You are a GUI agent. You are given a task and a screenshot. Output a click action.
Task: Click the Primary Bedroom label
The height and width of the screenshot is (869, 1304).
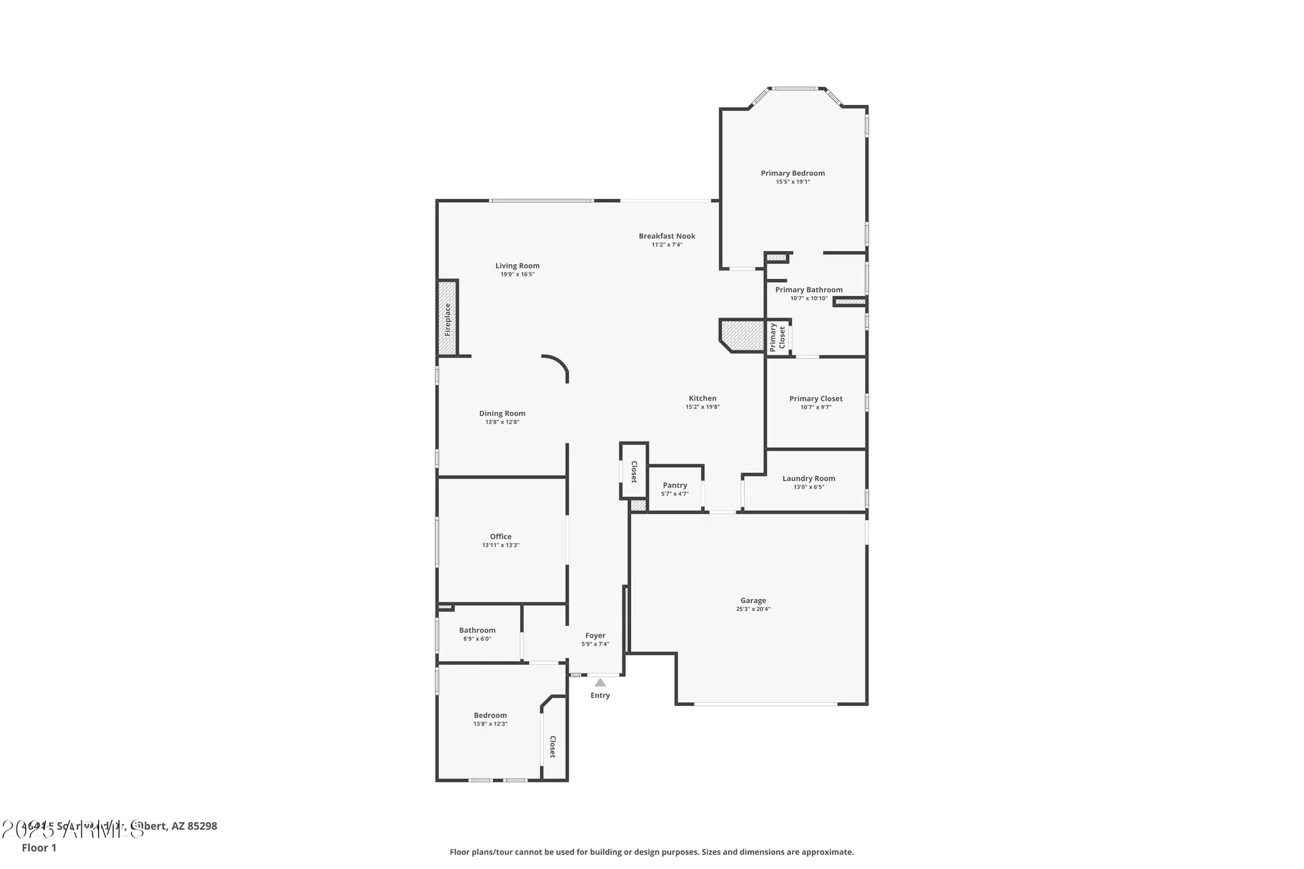pos(792,173)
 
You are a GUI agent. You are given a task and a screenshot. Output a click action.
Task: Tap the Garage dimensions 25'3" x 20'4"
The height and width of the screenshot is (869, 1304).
pos(753,610)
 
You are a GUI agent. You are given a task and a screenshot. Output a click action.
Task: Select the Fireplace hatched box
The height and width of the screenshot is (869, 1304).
pos(447,318)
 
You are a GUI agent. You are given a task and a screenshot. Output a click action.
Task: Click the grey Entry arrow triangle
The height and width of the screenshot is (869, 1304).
pos(600,683)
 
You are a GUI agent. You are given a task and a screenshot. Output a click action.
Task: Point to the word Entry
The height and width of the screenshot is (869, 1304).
pos(600,696)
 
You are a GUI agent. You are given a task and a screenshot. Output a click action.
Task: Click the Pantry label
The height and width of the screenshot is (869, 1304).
pos(675,485)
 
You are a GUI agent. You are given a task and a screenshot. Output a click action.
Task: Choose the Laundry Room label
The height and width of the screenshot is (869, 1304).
pos(808,479)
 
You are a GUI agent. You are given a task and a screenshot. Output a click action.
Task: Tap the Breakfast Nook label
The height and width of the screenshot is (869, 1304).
pos(667,236)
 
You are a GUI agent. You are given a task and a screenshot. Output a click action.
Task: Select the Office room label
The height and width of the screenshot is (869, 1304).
pos(501,537)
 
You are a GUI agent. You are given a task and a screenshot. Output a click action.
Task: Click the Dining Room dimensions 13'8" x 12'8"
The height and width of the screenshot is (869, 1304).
pos(502,422)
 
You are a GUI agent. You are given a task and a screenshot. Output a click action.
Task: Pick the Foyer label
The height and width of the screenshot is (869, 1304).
pos(595,636)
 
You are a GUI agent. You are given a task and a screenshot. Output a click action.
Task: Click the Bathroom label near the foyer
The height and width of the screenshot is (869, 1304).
pos(477,630)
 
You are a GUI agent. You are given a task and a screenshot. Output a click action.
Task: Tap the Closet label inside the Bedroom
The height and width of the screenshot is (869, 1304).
pos(552,746)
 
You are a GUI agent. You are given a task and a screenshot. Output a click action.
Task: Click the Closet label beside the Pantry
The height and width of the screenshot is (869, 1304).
pos(634,471)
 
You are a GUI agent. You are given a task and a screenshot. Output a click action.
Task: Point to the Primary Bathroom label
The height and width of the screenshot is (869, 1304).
pos(808,290)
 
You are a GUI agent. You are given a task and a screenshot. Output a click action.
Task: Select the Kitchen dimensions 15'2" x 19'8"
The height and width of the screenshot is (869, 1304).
pos(702,407)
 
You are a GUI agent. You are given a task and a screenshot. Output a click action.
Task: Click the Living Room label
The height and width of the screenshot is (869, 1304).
pos(517,266)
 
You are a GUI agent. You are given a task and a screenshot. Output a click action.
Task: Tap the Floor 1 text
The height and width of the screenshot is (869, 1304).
pos(39,847)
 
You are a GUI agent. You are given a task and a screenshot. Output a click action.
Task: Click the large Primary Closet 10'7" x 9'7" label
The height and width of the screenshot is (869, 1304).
pos(816,399)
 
